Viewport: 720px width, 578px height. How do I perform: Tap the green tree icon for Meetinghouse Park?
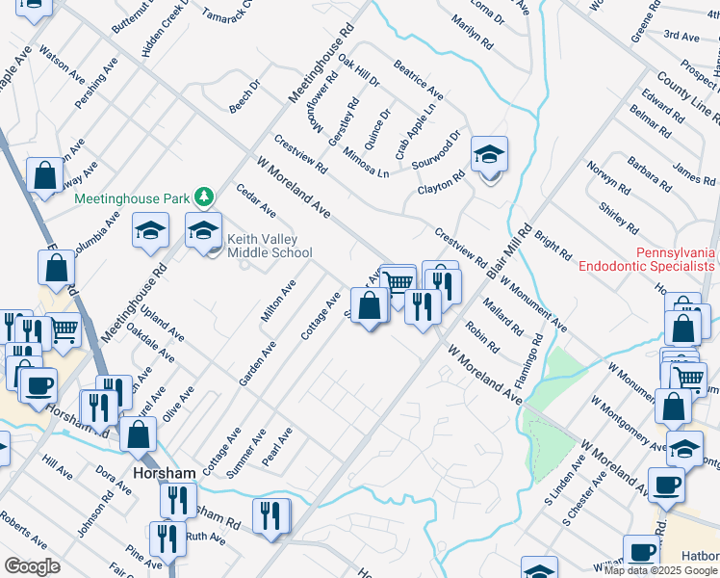coord(203,197)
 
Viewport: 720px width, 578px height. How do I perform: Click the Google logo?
coord(33,566)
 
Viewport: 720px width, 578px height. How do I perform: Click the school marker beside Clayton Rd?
coord(489,154)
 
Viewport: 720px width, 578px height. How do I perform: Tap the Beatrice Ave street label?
coord(418,80)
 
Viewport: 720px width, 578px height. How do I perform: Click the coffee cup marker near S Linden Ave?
coord(666,485)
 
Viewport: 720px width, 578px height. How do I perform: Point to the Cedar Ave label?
coord(256,200)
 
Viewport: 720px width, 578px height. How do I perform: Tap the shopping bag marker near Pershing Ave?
coord(44,176)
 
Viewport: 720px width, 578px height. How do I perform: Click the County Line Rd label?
coord(687,96)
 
